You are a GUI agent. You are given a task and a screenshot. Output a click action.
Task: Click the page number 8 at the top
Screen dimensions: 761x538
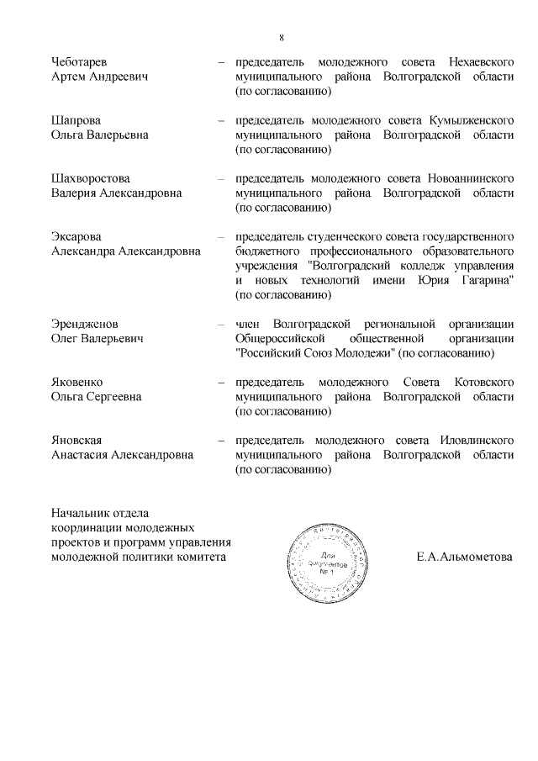click(282, 37)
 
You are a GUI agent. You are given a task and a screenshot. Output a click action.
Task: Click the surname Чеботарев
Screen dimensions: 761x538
click(79, 63)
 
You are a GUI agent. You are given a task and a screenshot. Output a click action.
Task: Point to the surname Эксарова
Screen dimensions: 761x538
click(76, 237)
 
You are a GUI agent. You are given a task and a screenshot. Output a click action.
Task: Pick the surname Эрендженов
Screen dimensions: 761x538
click(84, 325)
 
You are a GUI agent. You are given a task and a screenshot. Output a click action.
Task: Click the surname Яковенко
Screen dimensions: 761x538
click(79, 383)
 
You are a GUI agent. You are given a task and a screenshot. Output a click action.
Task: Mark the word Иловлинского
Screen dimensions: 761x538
click(477, 441)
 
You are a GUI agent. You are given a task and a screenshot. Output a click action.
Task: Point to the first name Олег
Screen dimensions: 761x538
click(65, 339)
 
